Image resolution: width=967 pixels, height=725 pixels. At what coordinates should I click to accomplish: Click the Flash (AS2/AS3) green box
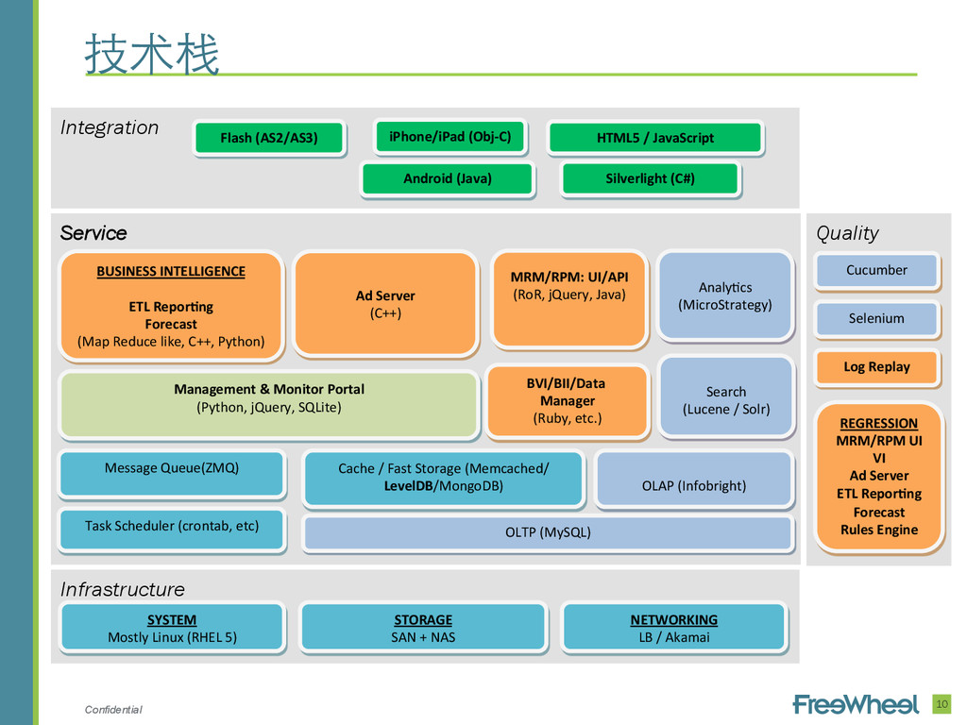pyautogui.click(x=269, y=138)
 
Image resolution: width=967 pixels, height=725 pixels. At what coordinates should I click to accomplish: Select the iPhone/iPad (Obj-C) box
pyautogui.click(x=450, y=136)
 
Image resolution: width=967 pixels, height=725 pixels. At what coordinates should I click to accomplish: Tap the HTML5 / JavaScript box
pyautogui.click(x=655, y=138)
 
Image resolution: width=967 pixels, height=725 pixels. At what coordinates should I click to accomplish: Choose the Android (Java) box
pyautogui.click(x=448, y=178)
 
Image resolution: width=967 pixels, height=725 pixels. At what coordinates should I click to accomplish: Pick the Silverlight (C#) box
pyautogui.click(x=650, y=178)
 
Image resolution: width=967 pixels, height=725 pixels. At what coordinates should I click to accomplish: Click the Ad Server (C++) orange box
pyautogui.click(x=385, y=304)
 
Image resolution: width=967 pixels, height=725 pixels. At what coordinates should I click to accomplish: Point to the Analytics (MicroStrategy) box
pyautogui.click(x=725, y=295)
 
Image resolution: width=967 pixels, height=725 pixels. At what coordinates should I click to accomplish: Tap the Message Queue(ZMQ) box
pyautogui.click(x=172, y=474)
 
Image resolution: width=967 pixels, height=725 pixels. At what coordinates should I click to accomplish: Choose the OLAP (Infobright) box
pyautogui.click(x=694, y=479)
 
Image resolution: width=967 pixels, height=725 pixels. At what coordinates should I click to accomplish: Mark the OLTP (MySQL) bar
pyautogui.click(x=548, y=532)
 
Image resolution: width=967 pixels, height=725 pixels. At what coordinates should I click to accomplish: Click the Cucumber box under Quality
pyautogui.click(x=876, y=271)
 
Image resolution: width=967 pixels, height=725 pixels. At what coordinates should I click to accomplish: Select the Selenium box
pyautogui.click(x=876, y=319)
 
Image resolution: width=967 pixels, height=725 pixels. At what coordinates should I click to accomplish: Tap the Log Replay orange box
pyautogui.click(x=876, y=367)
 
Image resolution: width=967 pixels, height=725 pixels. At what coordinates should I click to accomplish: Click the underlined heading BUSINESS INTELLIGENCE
pyautogui.click(x=171, y=272)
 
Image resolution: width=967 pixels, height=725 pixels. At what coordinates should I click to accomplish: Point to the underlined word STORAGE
pyautogui.click(x=423, y=620)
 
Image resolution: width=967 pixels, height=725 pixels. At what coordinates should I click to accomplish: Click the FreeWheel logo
pyautogui.click(x=856, y=704)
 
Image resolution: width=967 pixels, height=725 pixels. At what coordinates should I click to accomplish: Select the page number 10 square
pyautogui.click(x=942, y=704)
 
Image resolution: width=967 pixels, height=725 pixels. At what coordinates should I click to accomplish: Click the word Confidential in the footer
pyautogui.click(x=113, y=710)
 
